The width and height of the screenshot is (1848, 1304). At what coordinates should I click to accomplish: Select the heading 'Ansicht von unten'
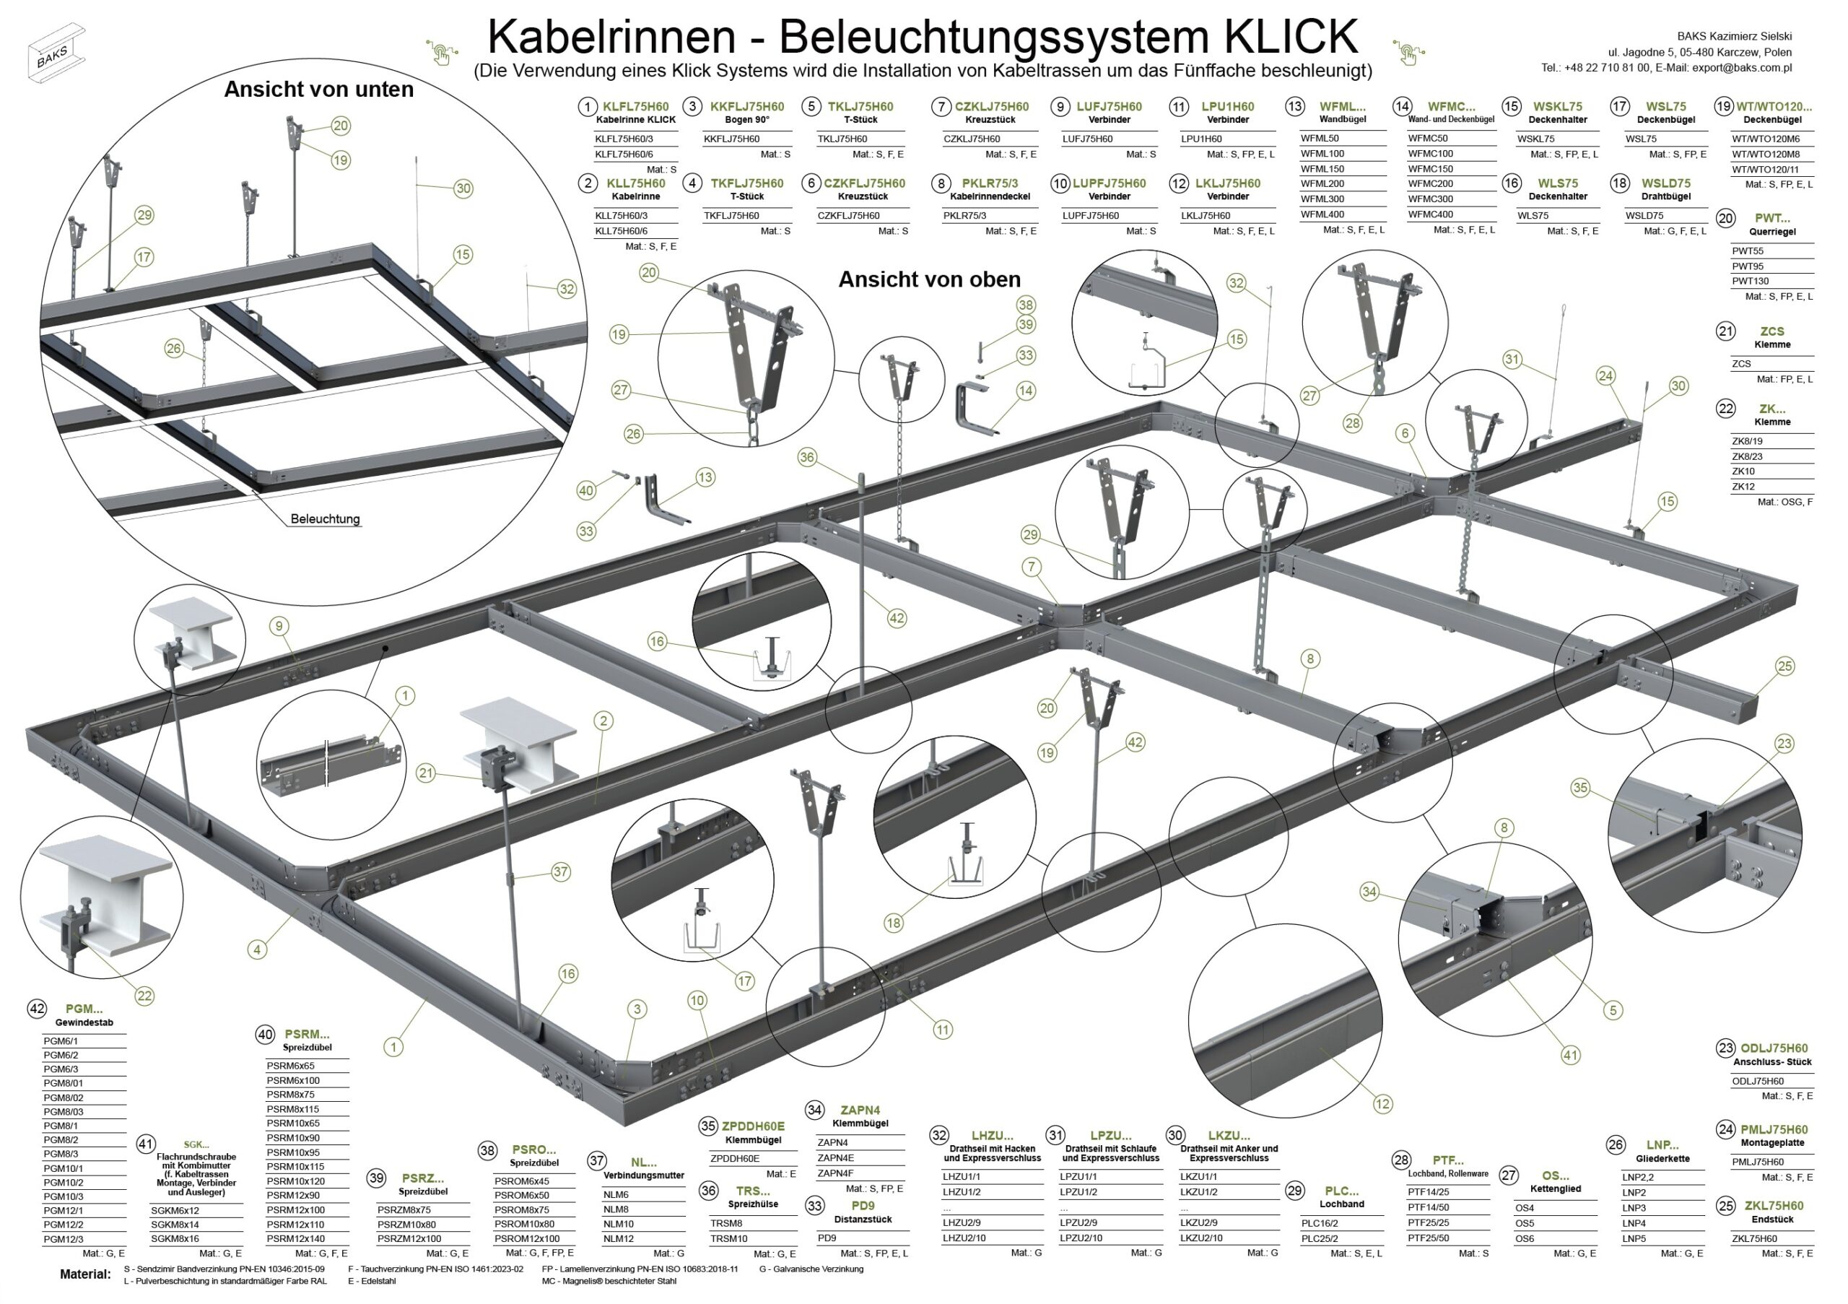pyautogui.click(x=319, y=90)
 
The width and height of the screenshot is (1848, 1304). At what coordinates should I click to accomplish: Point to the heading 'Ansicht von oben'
pyautogui.click(x=929, y=279)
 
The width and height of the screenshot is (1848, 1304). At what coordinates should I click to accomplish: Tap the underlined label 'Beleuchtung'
pyautogui.click(x=325, y=519)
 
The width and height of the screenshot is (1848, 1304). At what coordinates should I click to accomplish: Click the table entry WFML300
pyautogui.click(x=1322, y=199)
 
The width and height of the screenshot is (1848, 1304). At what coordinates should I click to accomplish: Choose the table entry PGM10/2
pyautogui.click(x=64, y=1183)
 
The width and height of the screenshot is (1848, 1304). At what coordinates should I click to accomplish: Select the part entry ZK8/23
pyautogui.click(x=1748, y=456)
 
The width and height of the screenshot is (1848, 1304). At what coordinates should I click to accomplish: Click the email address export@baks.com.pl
pyautogui.click(x=1742, y=69)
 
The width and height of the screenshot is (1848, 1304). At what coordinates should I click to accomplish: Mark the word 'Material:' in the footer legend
pyautogui.click(x=85, y=1274)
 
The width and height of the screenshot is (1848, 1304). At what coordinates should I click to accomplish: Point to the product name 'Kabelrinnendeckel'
pyautogui.click(x=990, y=196)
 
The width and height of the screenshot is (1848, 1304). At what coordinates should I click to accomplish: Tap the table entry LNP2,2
pyautogui.click(x=1638, y=1178)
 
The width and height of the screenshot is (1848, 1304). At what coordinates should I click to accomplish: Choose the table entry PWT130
pyautogui.click(x=1748, y=281)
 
